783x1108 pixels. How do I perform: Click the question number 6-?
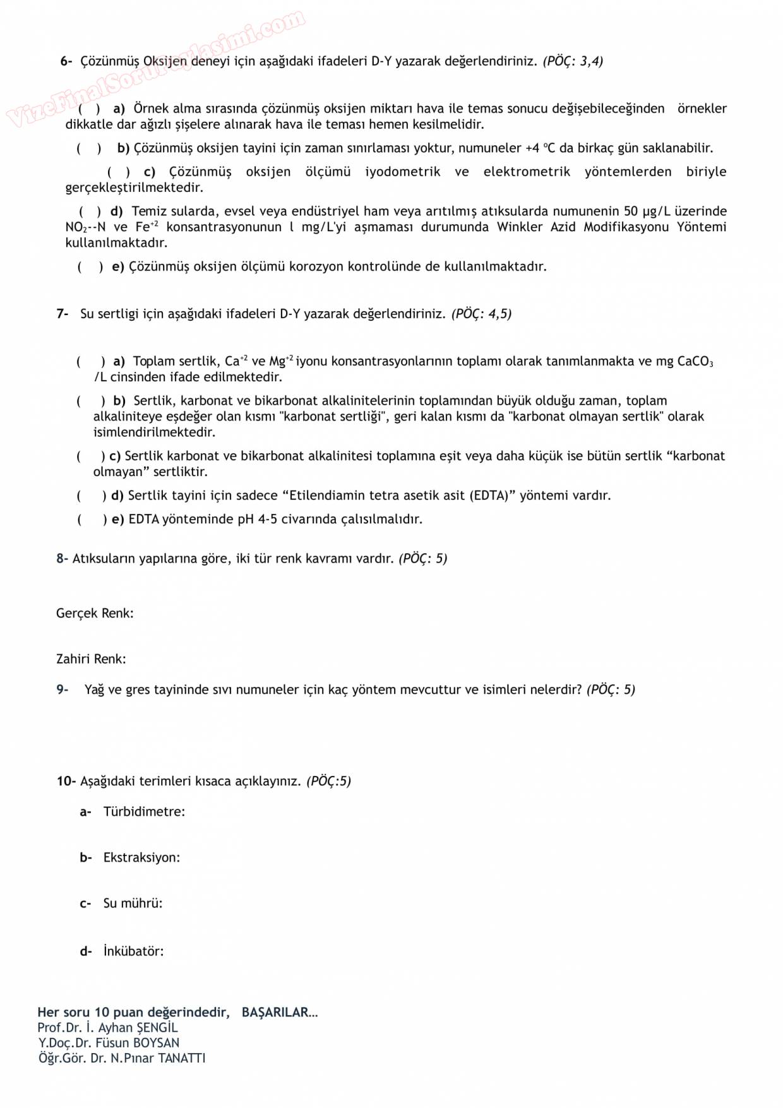click(66, 61)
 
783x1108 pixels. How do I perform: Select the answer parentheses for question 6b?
click(89, 148)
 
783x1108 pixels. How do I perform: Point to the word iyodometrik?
click(402, 172)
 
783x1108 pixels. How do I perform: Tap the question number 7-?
click(62, 314)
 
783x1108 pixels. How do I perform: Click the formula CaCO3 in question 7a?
click(695, 362)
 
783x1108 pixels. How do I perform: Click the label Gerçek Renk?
click(95, 614)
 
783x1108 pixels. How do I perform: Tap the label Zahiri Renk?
click(91, 659)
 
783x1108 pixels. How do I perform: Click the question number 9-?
click(62, 690)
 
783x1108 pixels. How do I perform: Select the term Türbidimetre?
click(144, 812)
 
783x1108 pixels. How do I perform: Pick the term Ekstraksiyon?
click(141, 858)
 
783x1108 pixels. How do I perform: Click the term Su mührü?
click(133, 903)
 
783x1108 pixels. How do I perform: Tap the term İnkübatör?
click(133, 951)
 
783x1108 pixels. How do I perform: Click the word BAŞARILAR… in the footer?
click(280, 1013)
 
